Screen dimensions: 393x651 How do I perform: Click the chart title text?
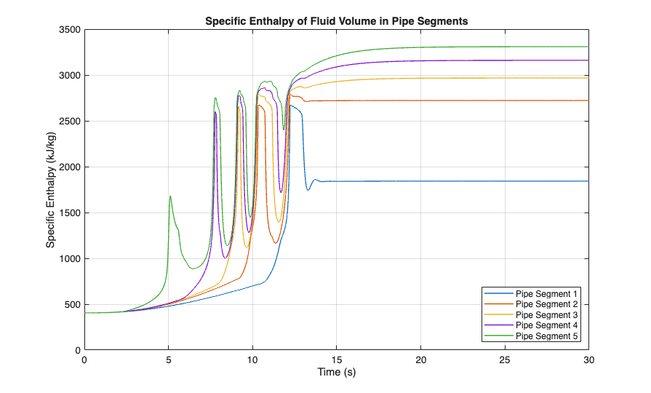click(336, 21)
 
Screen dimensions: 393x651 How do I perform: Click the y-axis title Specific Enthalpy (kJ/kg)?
click(51, 190)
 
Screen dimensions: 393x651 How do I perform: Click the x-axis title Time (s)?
click(337, 373)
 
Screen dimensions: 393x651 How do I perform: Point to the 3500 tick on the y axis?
click(71, 30)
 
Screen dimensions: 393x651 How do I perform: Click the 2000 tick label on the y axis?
click(71, 167)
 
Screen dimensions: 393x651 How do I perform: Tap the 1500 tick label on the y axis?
click(71, 213)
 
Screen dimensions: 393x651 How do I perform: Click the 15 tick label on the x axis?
click(337, 360)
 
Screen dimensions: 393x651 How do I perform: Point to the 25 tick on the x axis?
click(505, 360)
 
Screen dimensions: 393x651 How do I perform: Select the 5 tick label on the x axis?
click(169, 360)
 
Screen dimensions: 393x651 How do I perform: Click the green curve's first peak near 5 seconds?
click(170, 196)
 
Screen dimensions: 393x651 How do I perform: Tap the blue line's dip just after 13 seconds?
click(308, 190)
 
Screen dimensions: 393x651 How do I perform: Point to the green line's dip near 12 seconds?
click(284, 130)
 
